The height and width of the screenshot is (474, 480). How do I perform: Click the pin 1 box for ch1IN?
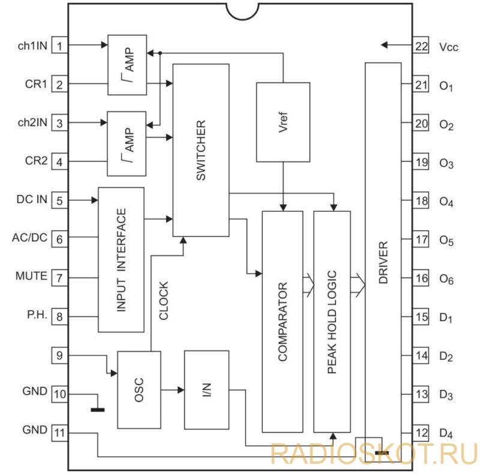(x=59, y=45)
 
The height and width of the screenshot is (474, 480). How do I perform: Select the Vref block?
(x=283, y=122)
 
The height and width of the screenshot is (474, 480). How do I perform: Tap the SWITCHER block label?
(x=201, y=150)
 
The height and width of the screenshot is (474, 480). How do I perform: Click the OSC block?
(x=139, y=390)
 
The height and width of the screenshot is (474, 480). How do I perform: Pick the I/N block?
(x=206, y=390)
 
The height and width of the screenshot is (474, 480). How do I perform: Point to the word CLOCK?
(x=163, y=301)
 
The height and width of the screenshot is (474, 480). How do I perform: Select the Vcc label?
(x=448, y=47)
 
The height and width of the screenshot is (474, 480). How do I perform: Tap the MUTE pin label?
(x=31, y=276)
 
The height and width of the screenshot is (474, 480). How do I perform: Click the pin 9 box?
(x=59, y=355)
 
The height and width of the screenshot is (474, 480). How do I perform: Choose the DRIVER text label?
(x=383, y=262)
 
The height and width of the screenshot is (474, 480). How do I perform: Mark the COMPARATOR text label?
(x=283, y=322)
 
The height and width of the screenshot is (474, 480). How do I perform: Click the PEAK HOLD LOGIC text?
(x=332, y=322)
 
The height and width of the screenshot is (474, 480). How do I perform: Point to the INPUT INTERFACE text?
(x=121, y=260)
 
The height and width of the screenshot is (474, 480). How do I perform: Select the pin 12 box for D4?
(x=421, y=433)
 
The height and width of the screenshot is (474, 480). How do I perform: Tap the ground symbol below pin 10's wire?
(x=98, y=410)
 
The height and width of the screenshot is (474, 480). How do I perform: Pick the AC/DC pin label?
(x=29, y=238)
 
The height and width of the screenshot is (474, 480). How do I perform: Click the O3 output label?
(x=446, y=164)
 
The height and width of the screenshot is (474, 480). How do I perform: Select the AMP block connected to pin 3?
(x=127, y=143)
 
